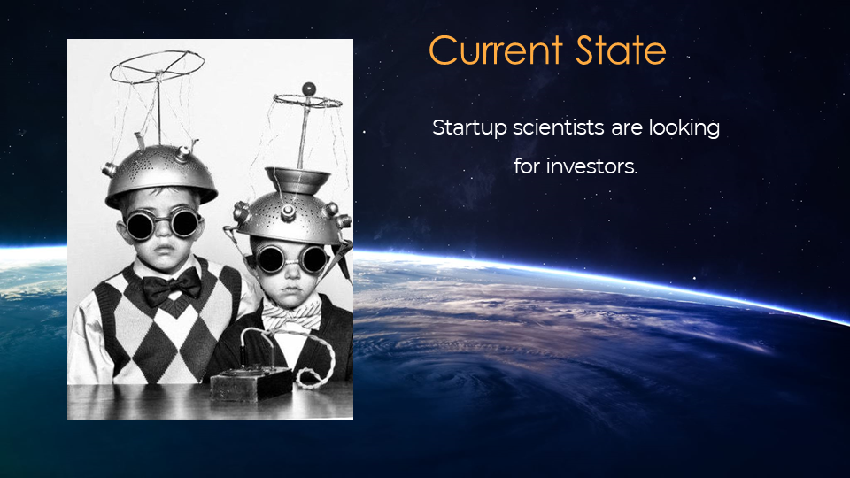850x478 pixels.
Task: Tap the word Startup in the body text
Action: (469, 128)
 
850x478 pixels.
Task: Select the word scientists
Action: (559, 127)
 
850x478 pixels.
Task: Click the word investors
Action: (592, 166)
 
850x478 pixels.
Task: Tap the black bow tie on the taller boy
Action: (171, 286)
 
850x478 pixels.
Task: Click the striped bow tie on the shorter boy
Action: (291, 315)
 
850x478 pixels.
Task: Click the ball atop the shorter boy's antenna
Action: (308, 89)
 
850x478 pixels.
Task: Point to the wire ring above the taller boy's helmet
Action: (158, 66)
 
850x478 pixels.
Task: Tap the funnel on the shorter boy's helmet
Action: (297, 180)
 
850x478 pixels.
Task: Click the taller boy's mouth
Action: (165, 250)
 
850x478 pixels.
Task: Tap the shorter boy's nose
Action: (292, 273)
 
